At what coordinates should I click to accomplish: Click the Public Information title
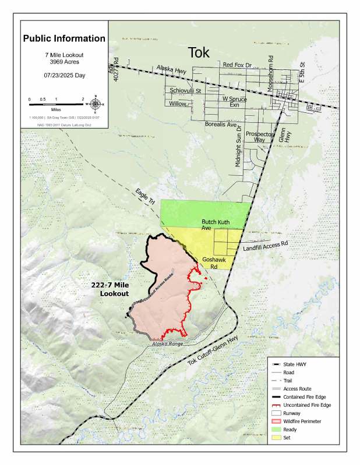[x=64, y=39]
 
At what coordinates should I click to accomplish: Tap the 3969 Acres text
[x=64, y=61]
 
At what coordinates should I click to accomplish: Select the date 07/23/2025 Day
[x=64, y=76]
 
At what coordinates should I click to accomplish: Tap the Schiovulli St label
[x=185, y=91]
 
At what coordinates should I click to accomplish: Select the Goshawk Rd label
[x=210, y=263]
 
